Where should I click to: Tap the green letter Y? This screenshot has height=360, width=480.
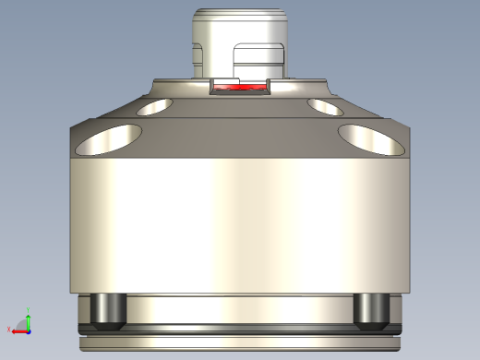click(x=29, y=309)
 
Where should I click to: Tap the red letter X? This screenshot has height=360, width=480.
click(x=9, y=330)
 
